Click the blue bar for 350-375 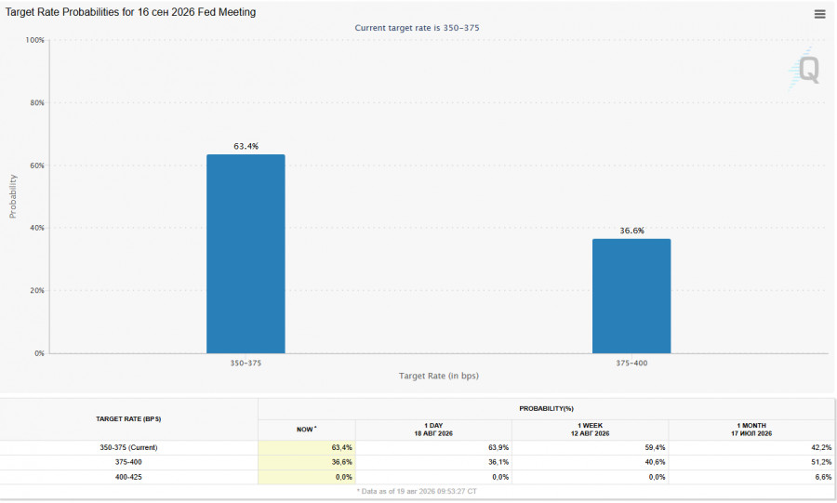pos(246,254)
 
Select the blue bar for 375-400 pos(631,296)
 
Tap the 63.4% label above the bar pos(246,146)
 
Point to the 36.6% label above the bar pos(632,231)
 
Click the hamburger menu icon pos(820,14)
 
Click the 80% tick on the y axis pos(37,102)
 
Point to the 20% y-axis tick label pos(37,290)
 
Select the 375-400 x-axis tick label pos(631,363)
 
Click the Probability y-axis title pos(13,196)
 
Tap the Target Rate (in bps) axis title pos(439,376)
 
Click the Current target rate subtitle pos(417,28)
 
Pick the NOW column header pos(306,430)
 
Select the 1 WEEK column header pos(590,430)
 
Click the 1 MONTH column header pos(751,430)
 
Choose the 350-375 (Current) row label pos(128,447)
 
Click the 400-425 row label pos(128,477)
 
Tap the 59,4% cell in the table pos(655,447)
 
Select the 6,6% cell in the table pos(823,477)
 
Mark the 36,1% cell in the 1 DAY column pos(498,462)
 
